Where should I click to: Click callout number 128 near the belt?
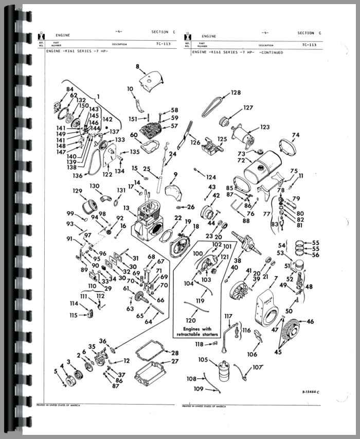(236, 93)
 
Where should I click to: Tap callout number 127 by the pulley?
(248, 108)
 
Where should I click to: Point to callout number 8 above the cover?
(138, 67)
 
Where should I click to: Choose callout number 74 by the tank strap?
(295, 135)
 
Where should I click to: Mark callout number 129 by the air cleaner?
(77, 191)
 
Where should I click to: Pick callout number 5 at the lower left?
(56, 371)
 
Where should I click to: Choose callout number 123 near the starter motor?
(265, 126)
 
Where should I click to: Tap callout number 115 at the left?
(74, 315)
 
